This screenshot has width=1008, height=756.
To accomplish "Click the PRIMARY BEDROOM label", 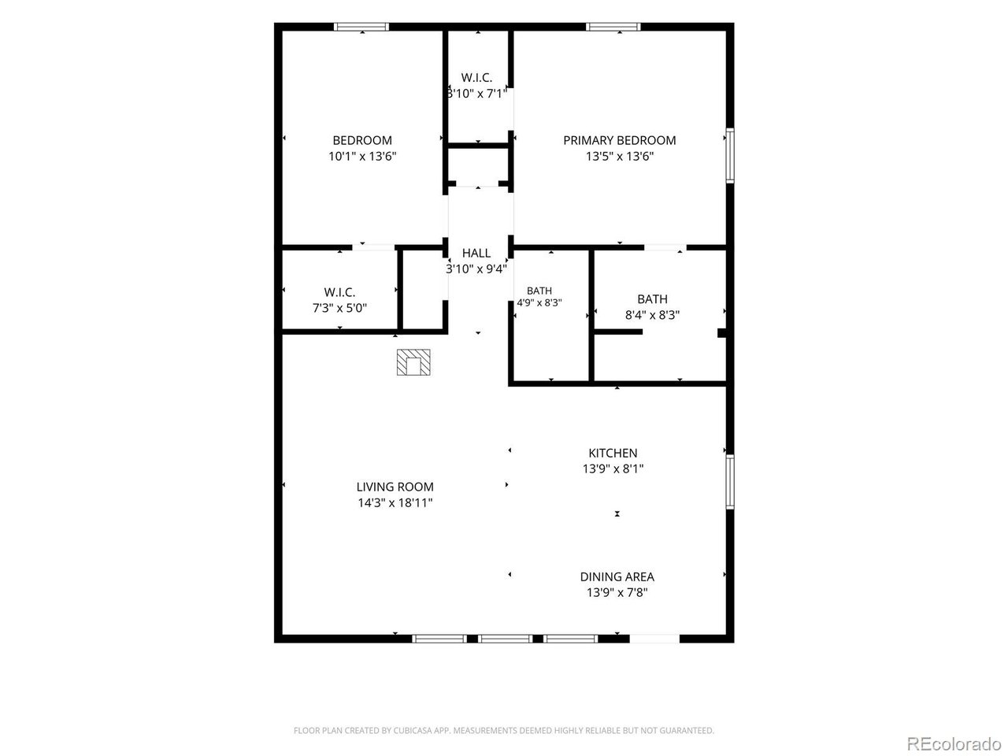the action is pyautogui.click(x=619, y=140).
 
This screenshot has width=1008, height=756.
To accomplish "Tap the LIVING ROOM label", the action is pyautogui.click(x=395, y=487).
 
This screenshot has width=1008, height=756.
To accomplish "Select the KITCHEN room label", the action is pyautogui.click(x=613, y=453).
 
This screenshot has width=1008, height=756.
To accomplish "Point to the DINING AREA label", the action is pyautogui.click(x=617, y=576).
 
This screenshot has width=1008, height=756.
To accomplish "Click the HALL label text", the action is pyautogui.click(x=476, y=253).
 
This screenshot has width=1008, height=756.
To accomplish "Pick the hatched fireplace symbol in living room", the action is pyautogui.click(x=413, y=362).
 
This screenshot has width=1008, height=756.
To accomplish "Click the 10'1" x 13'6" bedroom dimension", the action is pyautogui.click(x=362, y=157).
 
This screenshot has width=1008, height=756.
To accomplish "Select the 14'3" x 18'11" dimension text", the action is pyautogui.click(x=395, y=502).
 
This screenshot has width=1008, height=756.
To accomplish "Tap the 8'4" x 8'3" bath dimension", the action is pyautogui.click(x=652, y=315).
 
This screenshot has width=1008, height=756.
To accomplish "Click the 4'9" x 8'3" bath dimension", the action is pyautogui.click(x=539, y=303).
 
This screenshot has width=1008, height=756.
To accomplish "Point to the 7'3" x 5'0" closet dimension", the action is pyautogui.click(x=339, y=308).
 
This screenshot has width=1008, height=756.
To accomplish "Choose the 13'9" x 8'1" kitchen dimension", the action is pyautogui.click(x=613, y=469).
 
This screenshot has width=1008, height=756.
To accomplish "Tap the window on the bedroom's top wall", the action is pyautogui.click(x=361, y=27).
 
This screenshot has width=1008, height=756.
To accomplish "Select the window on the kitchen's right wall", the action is pyautogui.click(x=730, y=481).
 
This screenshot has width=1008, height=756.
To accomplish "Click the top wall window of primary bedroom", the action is pyautogui.click(x=613, y=27).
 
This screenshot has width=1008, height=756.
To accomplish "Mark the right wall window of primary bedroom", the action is pyautogui.click(x=730, y=156).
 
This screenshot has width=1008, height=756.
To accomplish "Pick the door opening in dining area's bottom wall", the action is pyautogui.click(x=654, y=639).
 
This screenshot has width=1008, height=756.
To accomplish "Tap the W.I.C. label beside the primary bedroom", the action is pyautogui.click(x=476, y=78).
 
